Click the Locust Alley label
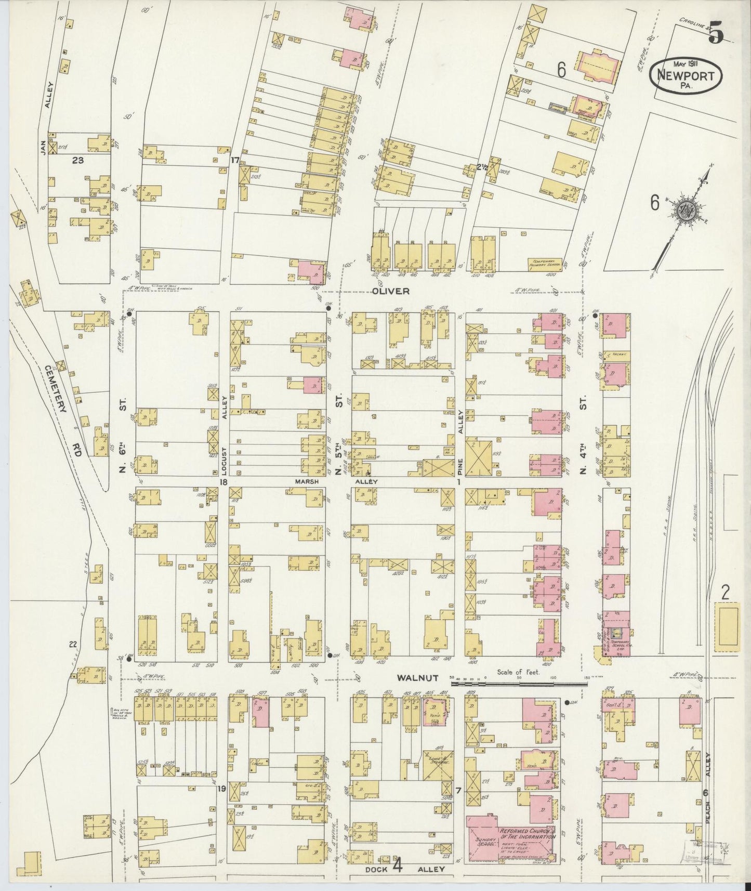coord(225,442)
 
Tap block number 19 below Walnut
coord(222,790)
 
